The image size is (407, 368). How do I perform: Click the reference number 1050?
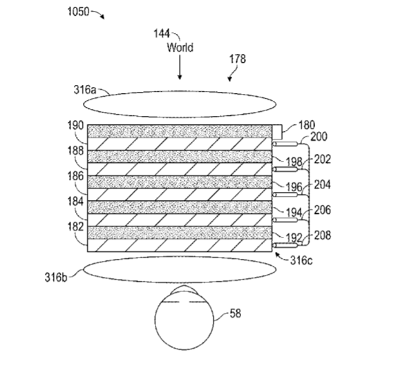coord(78,12)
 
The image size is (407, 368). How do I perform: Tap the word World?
coord(180,48)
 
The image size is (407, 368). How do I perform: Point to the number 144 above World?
coord(162,34)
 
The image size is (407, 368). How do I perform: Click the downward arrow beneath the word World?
coord(180,67)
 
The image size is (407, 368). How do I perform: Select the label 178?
coord(238,59)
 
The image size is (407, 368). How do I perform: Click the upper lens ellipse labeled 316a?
coord(180,91)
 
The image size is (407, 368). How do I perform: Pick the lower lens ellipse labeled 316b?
coord(180,256)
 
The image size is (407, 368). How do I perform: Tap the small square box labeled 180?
coord(277,131)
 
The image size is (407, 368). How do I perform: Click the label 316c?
coord(301,260)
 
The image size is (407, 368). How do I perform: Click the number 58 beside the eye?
coord(236,313)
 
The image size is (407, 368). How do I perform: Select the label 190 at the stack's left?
coord(75,126)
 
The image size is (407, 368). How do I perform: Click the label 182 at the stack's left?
coord(75,227)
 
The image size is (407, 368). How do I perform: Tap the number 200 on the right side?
coord(319,137)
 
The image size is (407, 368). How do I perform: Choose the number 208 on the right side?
coord(323,235)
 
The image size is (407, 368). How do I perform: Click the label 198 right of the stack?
coord(294,162)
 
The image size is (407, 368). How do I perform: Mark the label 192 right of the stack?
coord(294,238)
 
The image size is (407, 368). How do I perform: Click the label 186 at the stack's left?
coord(75,176)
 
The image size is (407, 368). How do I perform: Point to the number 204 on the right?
coord(323,185)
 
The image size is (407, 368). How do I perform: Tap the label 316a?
coord(85,90)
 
